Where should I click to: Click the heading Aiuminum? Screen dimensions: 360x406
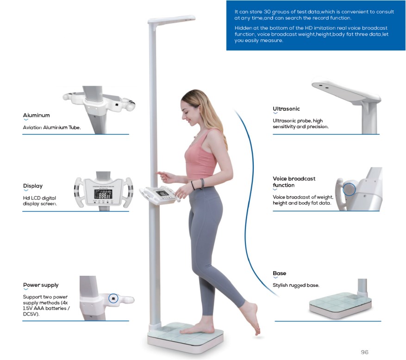36,115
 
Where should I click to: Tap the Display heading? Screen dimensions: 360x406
32,186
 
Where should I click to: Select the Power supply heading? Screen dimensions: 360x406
41,285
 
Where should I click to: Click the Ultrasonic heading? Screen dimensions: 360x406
286,109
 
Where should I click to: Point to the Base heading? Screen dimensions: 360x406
279,273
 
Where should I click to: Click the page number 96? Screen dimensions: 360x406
364,352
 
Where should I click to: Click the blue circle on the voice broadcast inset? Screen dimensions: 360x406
349,189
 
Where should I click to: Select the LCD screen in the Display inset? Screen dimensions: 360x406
102,195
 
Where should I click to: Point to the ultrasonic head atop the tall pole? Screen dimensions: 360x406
172,20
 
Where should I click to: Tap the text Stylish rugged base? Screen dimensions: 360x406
296,286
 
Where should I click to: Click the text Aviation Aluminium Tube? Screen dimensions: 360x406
52,127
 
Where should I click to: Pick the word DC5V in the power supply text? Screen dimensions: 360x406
31,314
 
